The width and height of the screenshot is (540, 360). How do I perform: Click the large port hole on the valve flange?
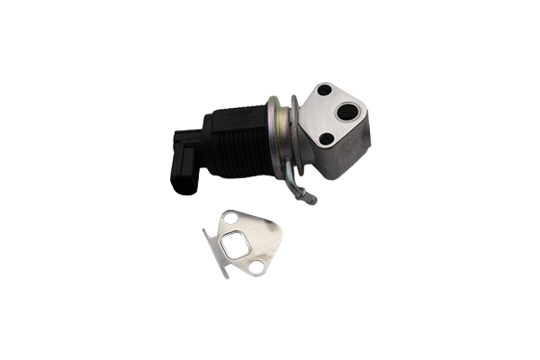click(346, 112)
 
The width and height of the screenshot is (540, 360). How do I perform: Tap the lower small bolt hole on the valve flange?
click(327, 138)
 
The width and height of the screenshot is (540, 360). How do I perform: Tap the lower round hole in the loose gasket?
click(256, 266)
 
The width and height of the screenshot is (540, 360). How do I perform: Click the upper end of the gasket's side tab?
click(207, 231)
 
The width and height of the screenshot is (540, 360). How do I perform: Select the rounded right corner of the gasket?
click(278, 235)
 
